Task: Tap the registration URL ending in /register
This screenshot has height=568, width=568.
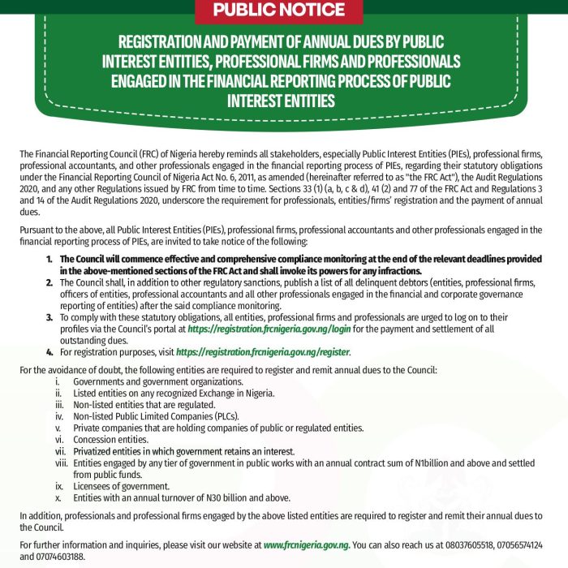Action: point(263,353)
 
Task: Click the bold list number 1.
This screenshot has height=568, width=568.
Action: point(49,259)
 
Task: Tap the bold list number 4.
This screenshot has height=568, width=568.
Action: point(49,353)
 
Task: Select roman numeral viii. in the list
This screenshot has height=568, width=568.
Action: point(60,463)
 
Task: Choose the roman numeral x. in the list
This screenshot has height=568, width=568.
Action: point(59,497)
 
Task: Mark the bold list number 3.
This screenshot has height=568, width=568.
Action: point(49,318)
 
